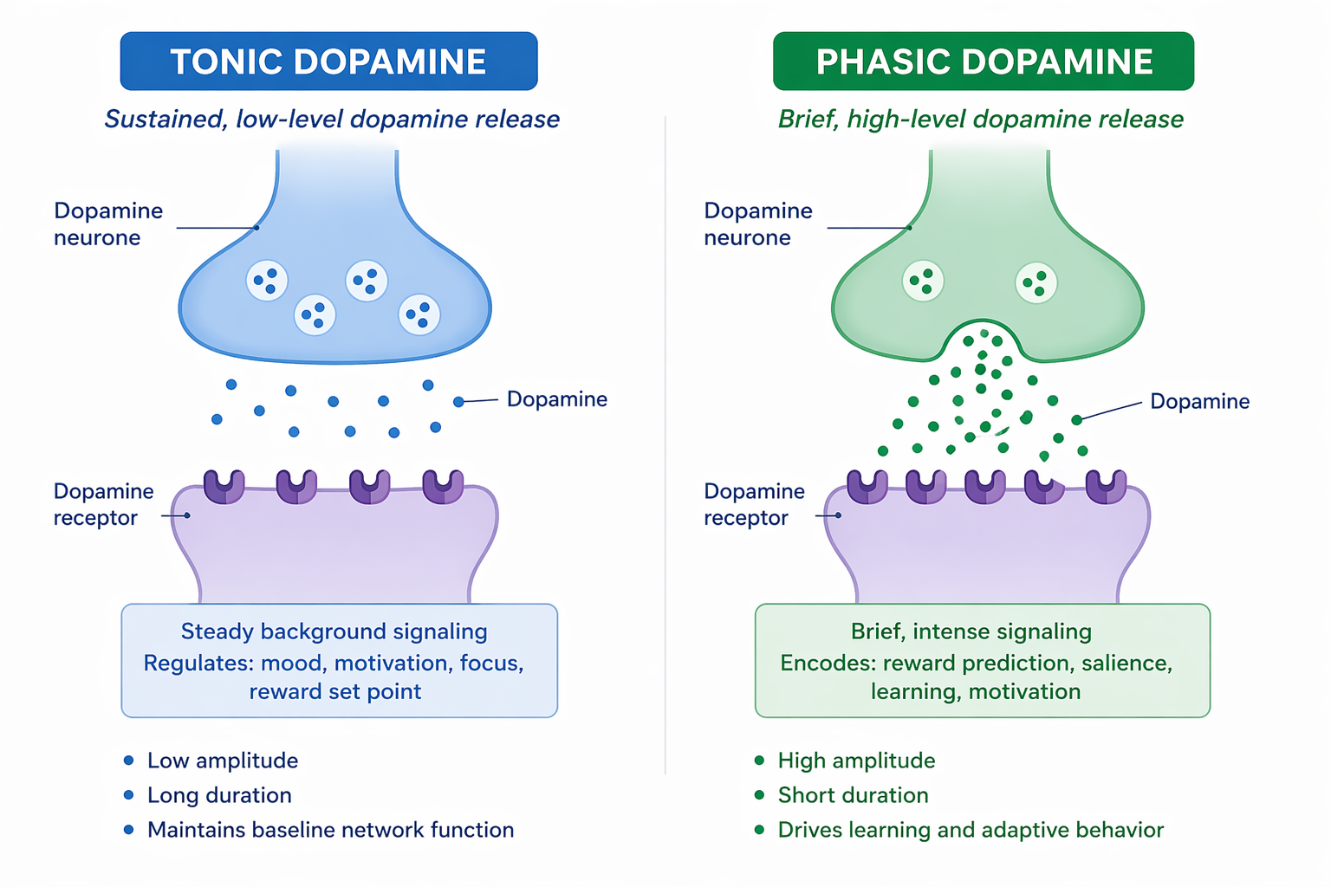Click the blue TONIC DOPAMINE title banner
pos(328,62)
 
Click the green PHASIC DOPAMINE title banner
pos(984,62)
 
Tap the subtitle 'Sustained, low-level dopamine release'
pos(332,119)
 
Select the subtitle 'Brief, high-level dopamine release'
pos(980,119)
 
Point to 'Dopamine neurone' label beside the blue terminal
pos(108,224)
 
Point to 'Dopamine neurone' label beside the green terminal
pos(757,224)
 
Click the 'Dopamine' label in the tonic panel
pos(556,399)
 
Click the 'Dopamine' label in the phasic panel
pos(1199,401)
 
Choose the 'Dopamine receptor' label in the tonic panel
pos(103,504)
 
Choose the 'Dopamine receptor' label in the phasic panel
pos(754,504)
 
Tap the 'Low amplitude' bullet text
pos(223,761)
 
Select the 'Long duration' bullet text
pos(219,795)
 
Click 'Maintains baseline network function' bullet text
pos(330,830)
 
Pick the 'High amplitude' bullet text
pos(856,761)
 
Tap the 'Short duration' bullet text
pos(853,795)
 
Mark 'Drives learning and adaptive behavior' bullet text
pos(971,830)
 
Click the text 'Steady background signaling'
pos(334,631)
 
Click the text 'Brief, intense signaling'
pos(971,631)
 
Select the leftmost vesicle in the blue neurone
pos(267,281)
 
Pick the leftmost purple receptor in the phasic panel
pos(867,487)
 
